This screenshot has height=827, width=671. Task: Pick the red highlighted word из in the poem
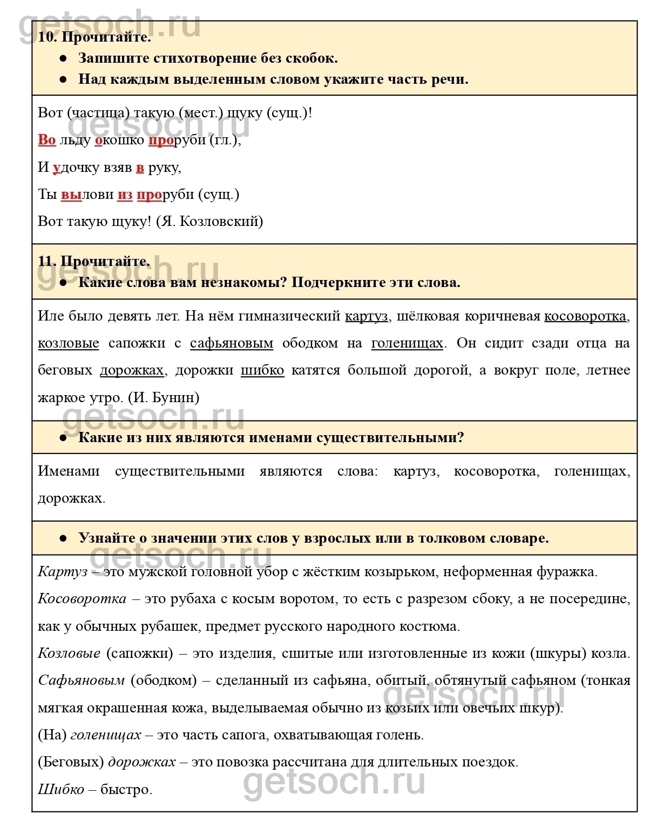point(125,195)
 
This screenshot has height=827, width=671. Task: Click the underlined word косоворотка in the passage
point(585,316)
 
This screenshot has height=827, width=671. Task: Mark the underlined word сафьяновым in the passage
point(232,343)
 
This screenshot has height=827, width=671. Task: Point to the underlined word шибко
point(262,370)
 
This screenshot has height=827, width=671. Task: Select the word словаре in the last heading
point(519,538)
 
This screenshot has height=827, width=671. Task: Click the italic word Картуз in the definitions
point(63,572)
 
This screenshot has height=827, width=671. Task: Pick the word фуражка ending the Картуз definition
point(567,572)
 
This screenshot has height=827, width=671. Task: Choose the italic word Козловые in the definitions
point(69,653)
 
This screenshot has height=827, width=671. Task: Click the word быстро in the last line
point(126,790)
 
